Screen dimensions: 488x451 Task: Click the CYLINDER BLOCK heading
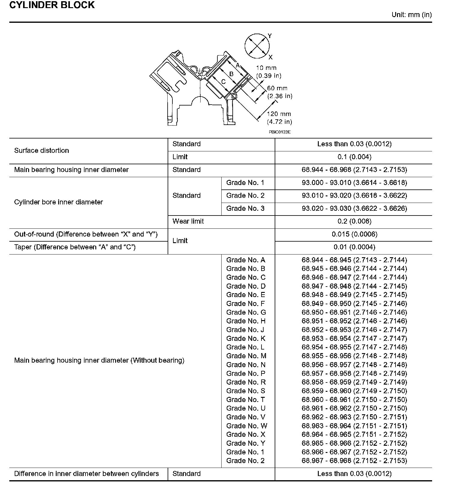(52, 5)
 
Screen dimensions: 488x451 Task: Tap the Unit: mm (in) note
(411, 15)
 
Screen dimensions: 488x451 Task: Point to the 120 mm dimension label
(279, 114)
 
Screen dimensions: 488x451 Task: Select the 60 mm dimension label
(277, 88)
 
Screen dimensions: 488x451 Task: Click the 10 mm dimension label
(266, 68)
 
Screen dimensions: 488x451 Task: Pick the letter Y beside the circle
(270, 36)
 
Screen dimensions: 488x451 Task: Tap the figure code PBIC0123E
(279, 132)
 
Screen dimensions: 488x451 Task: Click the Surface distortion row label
(41, 150)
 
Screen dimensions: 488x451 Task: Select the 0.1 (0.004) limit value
(354, 157)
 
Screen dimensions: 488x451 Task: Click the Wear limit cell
(188, 221)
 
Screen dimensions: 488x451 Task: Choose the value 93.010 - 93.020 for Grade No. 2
(354, 196)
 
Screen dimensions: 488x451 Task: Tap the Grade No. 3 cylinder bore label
(245, 209)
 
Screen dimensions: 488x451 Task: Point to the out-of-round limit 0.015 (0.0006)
(354, 234)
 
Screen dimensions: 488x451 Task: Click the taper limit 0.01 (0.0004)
(354, 247)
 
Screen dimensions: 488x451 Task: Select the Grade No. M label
(246, 356)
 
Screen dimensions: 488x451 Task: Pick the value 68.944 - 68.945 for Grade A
(354, 260)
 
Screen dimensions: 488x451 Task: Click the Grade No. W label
(246, 426)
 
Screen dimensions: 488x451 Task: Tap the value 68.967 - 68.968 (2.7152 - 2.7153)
(354, 460)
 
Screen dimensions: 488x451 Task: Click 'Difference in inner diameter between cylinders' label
(86, 474)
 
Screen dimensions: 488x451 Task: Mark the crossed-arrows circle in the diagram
(257, 46)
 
